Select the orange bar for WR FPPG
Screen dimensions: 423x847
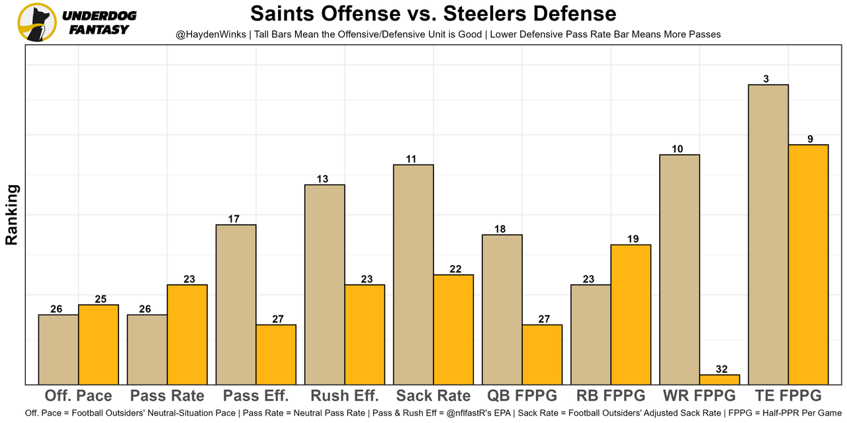719,379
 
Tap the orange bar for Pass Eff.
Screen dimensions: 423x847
276,354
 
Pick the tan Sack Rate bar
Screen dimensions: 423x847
414,274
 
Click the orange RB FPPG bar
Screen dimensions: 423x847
631,315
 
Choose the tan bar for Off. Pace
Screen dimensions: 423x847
58,349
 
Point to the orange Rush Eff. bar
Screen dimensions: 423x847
365,334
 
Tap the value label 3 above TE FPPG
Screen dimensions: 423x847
766,79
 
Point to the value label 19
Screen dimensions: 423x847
632,239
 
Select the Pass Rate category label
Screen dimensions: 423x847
167,396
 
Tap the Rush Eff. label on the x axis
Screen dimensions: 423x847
344,396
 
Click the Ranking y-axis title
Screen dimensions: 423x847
12,215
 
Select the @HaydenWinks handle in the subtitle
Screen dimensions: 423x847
208,34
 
